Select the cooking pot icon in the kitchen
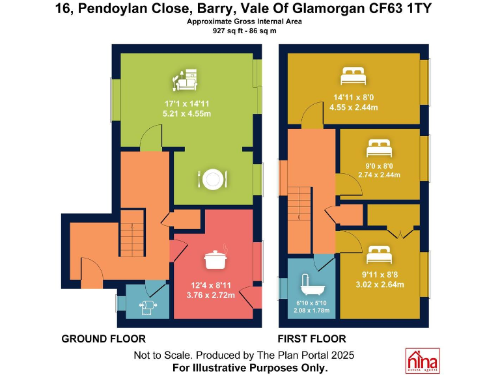click(x=215, y=259)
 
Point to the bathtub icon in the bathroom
click(x=309, y=285)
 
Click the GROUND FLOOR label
click(x=103, y=339)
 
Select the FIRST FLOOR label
click(x=312, y=339)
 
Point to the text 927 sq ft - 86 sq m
click(x=244, y=31)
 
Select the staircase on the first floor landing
click(x=300, y=207)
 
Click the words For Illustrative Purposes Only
click(x=250, y=368)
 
